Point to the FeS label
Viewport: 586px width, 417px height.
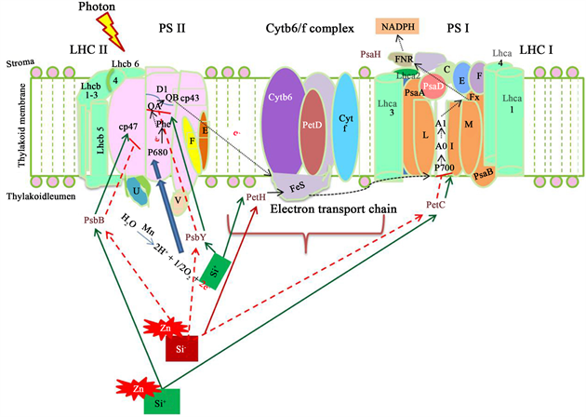tap(297, 186)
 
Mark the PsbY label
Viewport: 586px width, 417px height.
tap(194, 237)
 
